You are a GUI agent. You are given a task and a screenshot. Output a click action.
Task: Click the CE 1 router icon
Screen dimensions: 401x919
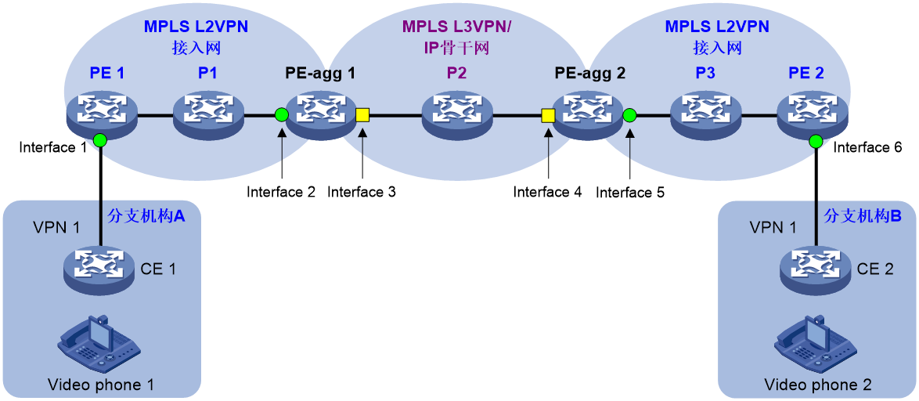tap(100, 267)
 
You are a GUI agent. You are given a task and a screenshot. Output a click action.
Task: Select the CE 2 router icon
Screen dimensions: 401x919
tap(816, 267)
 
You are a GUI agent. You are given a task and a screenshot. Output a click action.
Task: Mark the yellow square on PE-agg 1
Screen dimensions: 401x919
tap(362, 116)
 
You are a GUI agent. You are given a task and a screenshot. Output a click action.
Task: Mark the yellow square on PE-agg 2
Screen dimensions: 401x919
tap(548, 116)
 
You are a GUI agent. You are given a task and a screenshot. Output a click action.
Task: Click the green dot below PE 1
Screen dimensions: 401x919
tap(99, 141)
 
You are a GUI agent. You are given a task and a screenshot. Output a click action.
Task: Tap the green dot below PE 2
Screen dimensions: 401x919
tap(816, 141)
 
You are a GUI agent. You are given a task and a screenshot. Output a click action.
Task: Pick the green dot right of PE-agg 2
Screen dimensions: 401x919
tap(629, 116)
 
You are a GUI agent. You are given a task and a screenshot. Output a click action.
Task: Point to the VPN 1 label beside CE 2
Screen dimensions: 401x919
tap(773, 227)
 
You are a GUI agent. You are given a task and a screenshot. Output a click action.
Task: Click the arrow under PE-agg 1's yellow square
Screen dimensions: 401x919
tap(362, 145)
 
